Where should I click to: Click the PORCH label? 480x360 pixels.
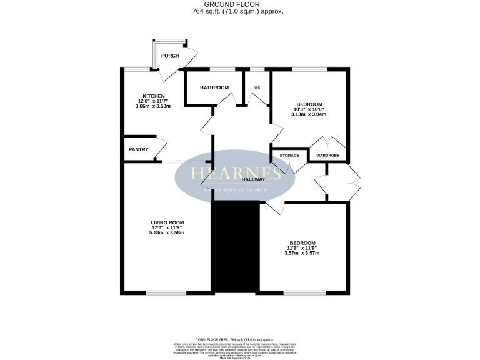(x=170, y=56)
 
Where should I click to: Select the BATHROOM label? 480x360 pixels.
(x=214, y=87)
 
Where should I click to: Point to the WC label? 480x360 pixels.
(x=257, y=87)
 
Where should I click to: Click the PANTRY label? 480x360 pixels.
(x=138, y=149)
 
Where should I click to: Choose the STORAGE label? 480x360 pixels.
(x=289, y=155)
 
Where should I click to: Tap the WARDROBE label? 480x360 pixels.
(x=328, y=155)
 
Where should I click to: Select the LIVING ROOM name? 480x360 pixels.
(x=167, y=222)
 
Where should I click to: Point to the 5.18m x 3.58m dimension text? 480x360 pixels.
(x=167, y=233)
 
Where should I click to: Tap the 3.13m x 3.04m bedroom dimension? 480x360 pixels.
(x=309, y=114)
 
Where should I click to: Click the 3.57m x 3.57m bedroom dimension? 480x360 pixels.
(x=302, y=254)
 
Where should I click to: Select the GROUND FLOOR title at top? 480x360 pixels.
(x=240, y=4)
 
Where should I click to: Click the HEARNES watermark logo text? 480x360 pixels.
(x=235, y=173)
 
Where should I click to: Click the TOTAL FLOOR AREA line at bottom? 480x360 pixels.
(x=240, y=337)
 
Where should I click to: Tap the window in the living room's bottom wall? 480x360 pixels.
(x=166, y=292)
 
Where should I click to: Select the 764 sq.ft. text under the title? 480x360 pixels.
(x=240, y=11)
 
